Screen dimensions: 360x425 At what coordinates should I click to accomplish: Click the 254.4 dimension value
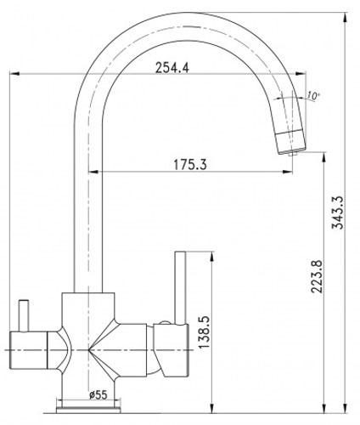(172, 68)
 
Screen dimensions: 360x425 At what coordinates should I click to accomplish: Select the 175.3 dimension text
(190, 165)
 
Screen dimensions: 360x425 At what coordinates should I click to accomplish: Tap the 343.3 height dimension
(338, 212)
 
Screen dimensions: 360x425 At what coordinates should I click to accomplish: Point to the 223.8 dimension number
(317, 276)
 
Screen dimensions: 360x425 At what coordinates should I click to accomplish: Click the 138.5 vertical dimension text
(204, 332)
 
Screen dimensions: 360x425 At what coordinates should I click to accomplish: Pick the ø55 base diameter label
(98, 394)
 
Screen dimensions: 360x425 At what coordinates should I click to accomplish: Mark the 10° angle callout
(312, 96)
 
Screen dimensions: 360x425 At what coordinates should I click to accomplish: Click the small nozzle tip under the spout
(293, 153)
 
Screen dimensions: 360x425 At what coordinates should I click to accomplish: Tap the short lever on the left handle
(24, 315)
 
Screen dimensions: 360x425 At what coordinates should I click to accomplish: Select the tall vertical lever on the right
(180, 287)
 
